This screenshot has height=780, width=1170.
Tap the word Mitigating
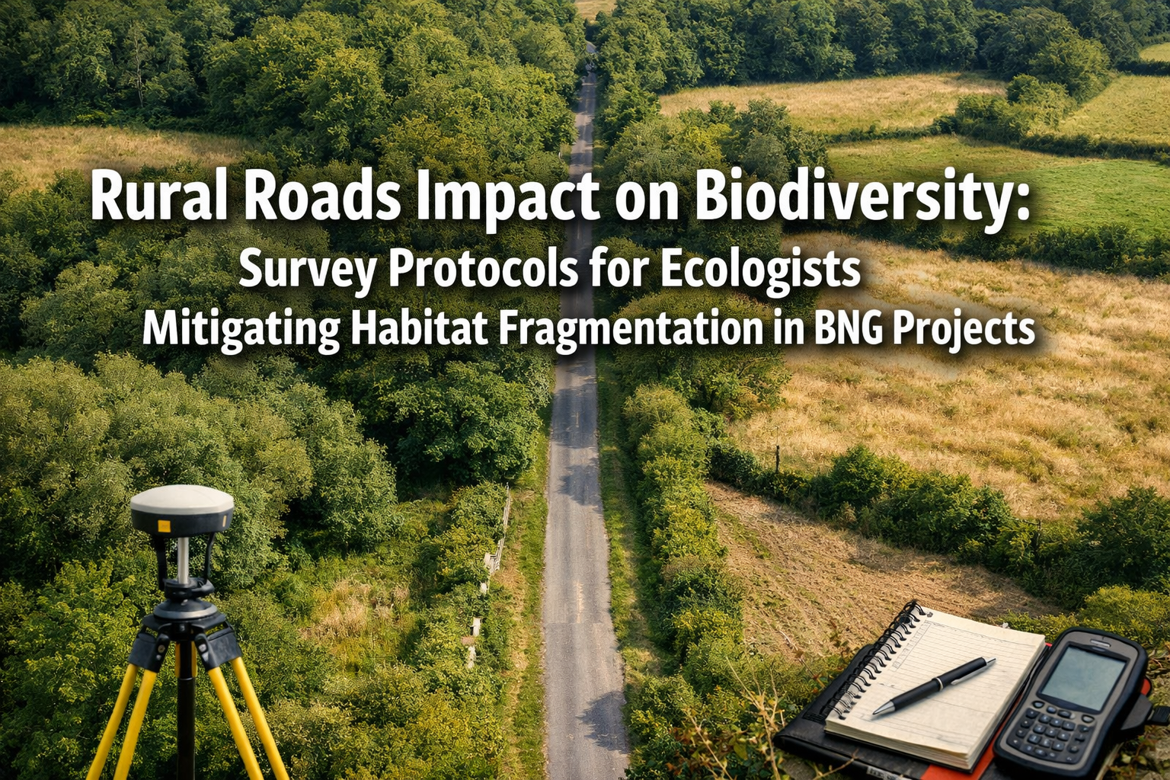coord(241,329)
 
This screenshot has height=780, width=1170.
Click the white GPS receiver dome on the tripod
coord(181,503)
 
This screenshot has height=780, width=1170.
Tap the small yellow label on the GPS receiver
coord(162,526)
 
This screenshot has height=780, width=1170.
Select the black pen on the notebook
coord(933,686)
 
